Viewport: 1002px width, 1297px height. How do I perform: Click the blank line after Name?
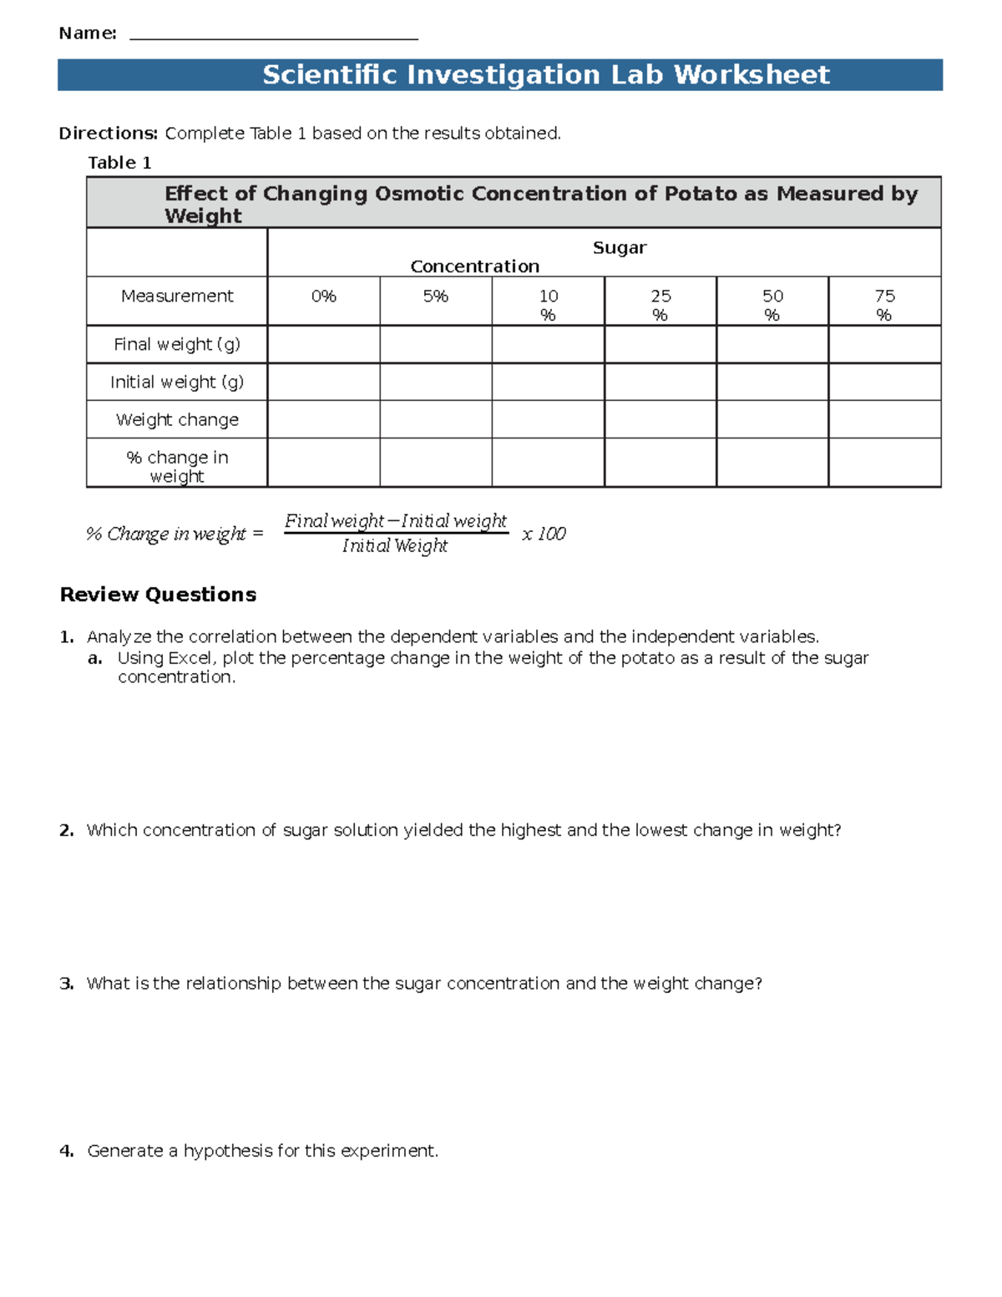click(x=274, y=35)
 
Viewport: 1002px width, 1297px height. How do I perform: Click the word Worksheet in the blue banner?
click(x=751, y=75)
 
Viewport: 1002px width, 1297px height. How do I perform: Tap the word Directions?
click(x=108, y=134)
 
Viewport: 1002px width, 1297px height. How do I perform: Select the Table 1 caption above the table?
click(x=119, y=163)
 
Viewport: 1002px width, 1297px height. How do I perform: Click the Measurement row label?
click(x=177, y=296)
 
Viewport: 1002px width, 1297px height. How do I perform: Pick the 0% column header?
click(x=323, y=296)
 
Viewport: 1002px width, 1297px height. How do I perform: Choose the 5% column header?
click(x=435, y=296)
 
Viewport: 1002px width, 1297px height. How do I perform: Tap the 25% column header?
click(x=660, y=305)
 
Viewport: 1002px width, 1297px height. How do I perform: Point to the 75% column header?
click(x=884, y=305)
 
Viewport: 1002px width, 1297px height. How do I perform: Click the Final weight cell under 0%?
click(x=323, y=344)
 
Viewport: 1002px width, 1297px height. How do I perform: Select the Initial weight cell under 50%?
click(x=772, y=382)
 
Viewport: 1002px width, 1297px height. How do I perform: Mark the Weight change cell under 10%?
click(x=548, y=419)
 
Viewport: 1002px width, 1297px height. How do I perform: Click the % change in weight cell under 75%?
click(x=884, y=463)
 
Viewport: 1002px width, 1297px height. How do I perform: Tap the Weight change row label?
click(x=177, y=420)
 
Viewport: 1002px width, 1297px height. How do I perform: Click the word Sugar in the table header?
click(x=620, y=248)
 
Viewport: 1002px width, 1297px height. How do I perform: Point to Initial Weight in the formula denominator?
click(x=395, y=546)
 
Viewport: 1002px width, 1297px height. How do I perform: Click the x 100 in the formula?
click(x=544, y=535)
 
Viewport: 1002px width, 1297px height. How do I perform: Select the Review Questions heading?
click(x=158, y=595)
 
